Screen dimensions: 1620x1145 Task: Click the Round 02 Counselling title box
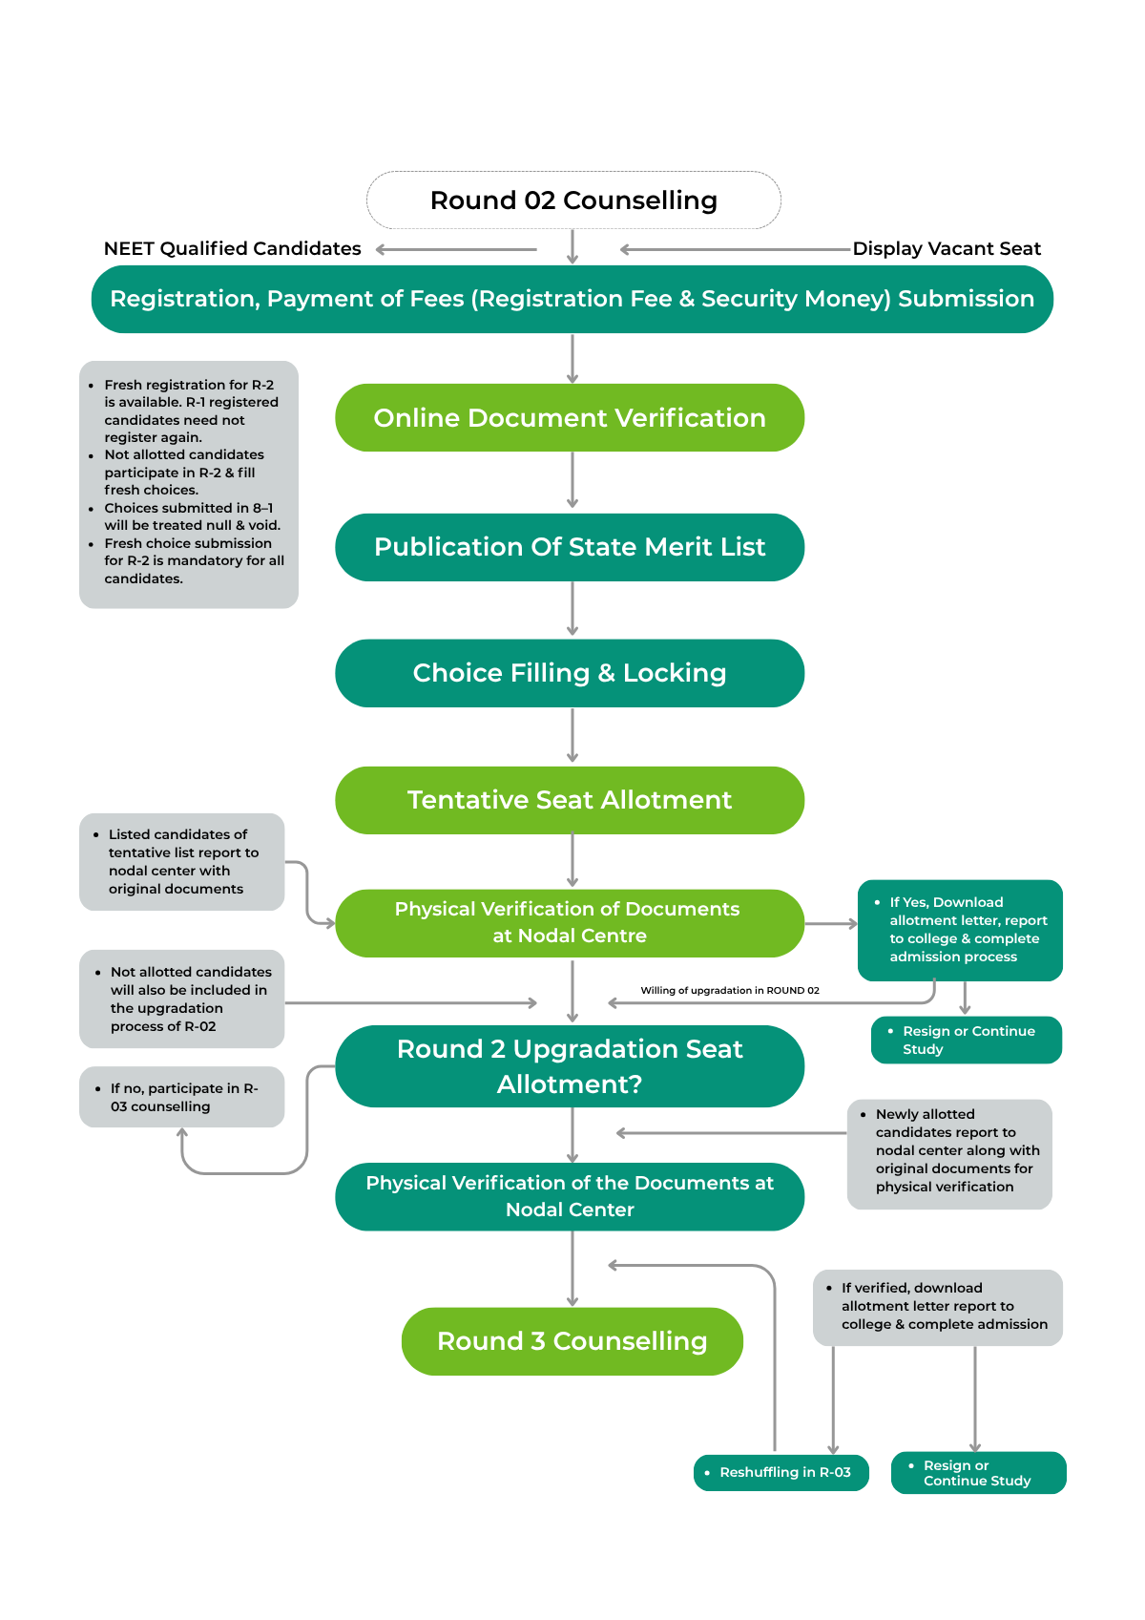pyautogui.click(x=573, y=200)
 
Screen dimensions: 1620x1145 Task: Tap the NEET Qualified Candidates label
pyautogui.click(x=232, y=249)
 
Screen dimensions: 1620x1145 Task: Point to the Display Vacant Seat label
pyautogui.click(x=946, y=249)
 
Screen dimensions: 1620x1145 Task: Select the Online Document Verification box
pyautogui.click(x=570, y=418)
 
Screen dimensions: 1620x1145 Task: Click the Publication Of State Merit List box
pyautogui.click(x=570, y=547)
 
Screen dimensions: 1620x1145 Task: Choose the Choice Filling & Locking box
pyautogui.click(x=570, y=673)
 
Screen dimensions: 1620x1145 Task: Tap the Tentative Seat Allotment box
pyautogui.click(x=570, y=800)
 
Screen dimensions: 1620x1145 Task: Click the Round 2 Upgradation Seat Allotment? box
pyautogui.click(x=570, y=1066)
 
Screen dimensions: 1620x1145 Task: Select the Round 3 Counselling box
pyautogui.click(x=572, y=1341)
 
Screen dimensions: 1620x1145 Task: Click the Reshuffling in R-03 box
pyautogui.click(x=781, y=1472)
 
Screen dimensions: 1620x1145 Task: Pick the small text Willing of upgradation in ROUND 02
pyautogui.click(x=730, y=990)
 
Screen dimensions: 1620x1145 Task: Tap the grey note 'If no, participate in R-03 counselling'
pyautogui.click(x=181, y=1097)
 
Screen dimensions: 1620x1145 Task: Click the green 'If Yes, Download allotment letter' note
pyautogui.click(x=960, y=930)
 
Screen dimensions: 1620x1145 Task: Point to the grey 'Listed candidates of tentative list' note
pyautogui.click(x=181, y=861)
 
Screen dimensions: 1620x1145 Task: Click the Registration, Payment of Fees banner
pyautogui.click(x=572, y=299)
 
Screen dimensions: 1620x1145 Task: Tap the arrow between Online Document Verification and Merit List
pyautogui.click(x=572, y=481)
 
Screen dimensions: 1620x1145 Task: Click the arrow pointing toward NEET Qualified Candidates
pyautogui.click(x=456, y=250)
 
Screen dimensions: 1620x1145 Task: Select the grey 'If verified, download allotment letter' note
pyautogui.click(x=937, y=1307)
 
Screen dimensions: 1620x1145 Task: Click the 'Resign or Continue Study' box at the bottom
pyautogui.click(x=978, y=1472)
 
